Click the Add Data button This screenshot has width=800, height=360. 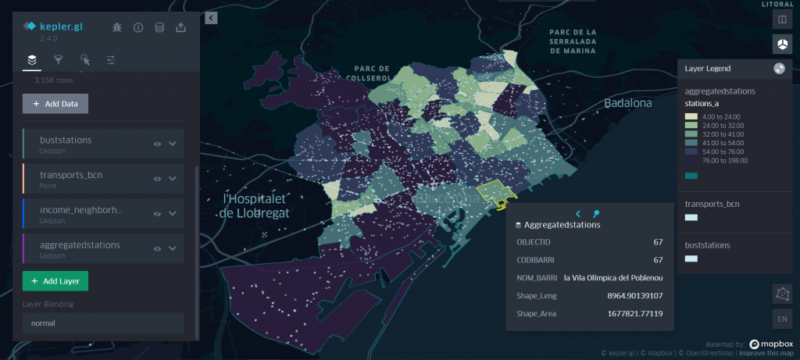pyautogui.click(x=55, y=104)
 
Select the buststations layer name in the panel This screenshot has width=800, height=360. pyautogui.click(x=66, y=140)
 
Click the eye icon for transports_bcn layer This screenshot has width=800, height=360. pyautogui.click(x=157, y=179)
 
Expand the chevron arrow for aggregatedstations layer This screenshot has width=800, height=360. pyautogui.click(x=173, y=248)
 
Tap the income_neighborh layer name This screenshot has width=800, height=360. pyautogui.click(x=80, y=211)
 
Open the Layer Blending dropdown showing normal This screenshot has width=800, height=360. pyautogui.click(x=102, y=323)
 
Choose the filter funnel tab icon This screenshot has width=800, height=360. pyautogui.click(x=58, y=59)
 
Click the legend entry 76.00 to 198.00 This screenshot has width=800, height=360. pyautogui.click(x=725, y=161)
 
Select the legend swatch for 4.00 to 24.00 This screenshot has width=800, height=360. pyautogui.click(x=691, y=116)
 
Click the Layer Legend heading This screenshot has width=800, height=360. pyautogui.click(x=707, y=69)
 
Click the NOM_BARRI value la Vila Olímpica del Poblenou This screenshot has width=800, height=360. pyautogui.click(x=608, y=278)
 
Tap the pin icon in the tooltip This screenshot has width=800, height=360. pyautogui.click(x=596, y=213)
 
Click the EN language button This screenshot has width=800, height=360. pyautogui.click(x=781, y=319)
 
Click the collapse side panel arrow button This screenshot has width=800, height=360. pyautogui.click(x=211, y=17)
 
